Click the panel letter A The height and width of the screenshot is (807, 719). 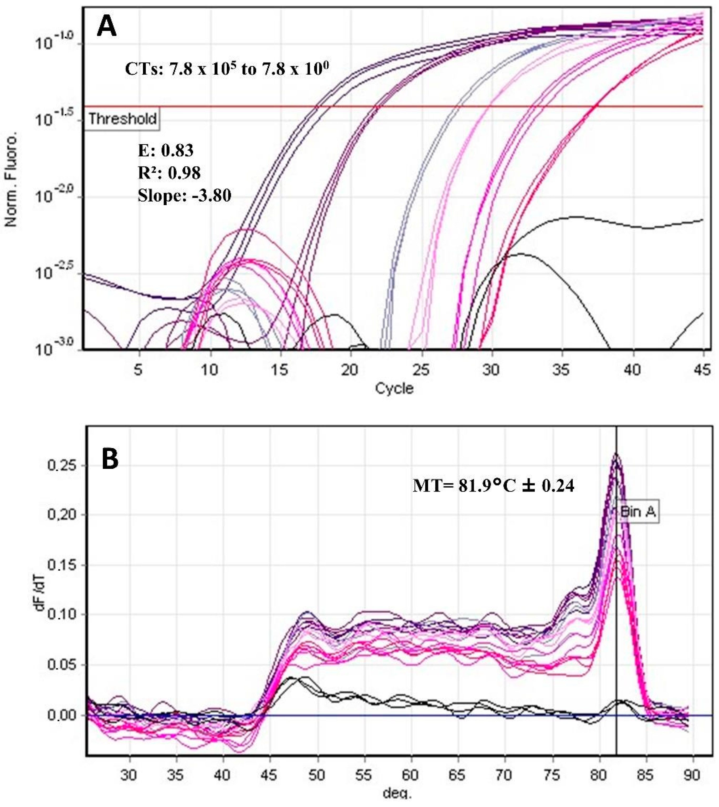(107, 27)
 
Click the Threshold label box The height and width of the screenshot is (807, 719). (122, 119)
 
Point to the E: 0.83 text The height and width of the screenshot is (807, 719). (166, 151)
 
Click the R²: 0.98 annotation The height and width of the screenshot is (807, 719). (169, 173)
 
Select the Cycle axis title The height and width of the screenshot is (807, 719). (394, 388)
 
